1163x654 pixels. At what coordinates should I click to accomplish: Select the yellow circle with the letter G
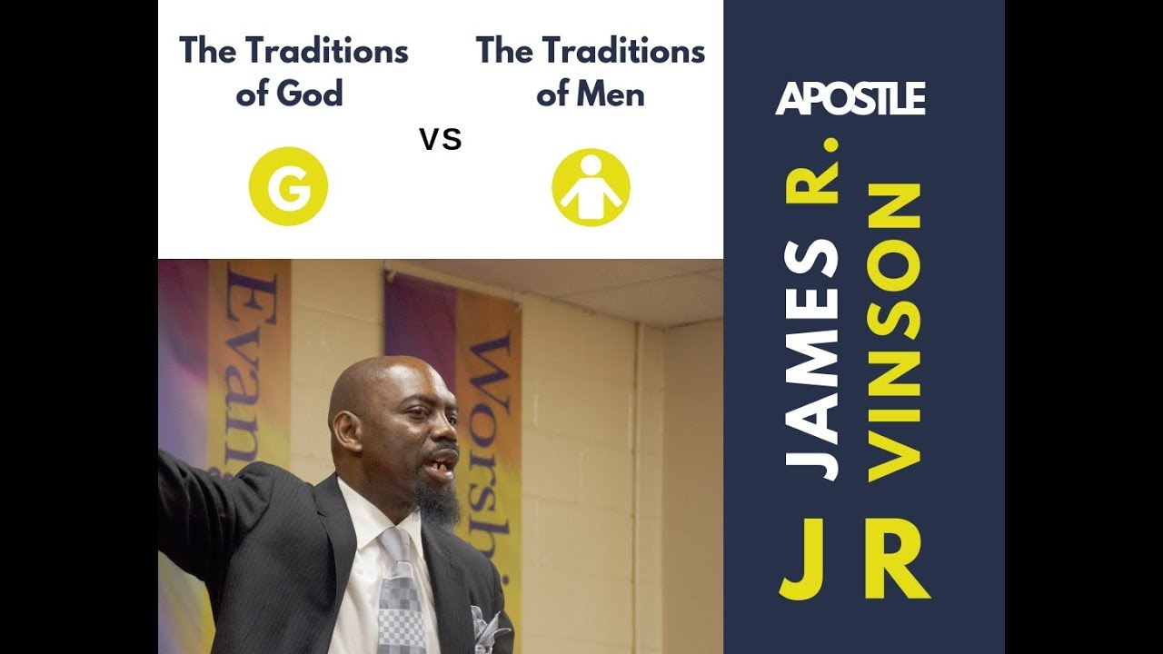pos(288,185)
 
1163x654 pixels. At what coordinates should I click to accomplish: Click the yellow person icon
pos(591,187)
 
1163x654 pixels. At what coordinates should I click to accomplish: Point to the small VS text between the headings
pos(441,140)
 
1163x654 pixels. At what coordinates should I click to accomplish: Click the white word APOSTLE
pos(850,99)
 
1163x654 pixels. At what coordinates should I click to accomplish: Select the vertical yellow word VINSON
pos(894,332)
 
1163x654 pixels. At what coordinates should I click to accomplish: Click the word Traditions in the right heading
pos(627,52)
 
